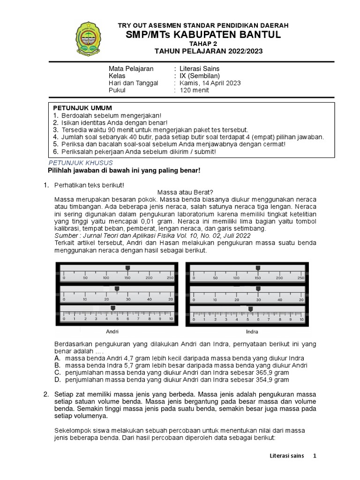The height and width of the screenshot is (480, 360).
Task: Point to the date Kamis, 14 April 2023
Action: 210,83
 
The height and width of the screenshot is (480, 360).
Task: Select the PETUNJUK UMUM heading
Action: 82,108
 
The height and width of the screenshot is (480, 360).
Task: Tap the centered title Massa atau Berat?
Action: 185,192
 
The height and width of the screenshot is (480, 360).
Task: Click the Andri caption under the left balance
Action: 112,331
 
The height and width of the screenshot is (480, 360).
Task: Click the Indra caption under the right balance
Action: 252,331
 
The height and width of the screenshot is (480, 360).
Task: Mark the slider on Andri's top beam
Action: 127,268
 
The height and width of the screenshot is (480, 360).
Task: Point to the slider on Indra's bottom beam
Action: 251,308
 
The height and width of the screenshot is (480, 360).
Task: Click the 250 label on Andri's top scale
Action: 170,278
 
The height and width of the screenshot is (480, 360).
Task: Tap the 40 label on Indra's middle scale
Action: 279,299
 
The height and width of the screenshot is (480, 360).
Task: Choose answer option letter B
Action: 57,365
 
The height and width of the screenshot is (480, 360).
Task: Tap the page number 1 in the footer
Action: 315,456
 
